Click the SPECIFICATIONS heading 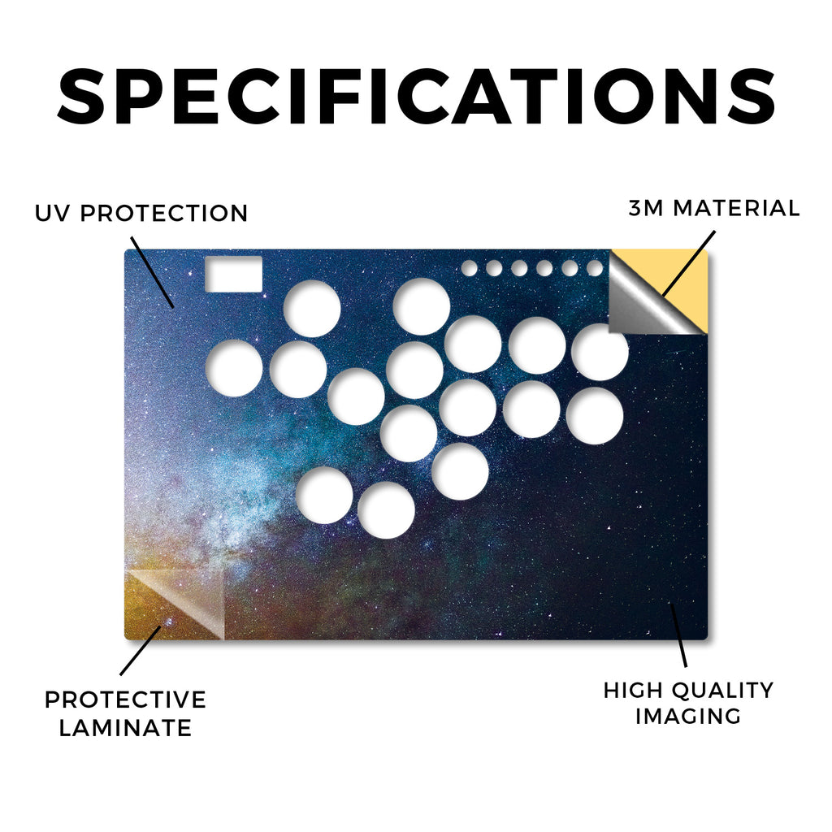tap(416, 96)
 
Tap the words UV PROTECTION tap(141, 214)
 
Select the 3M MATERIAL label tap(713, 208)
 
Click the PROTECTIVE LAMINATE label tap(125, 713)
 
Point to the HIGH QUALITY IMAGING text tap(688, 703)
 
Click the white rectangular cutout tap(233, 274)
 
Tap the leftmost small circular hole tap(469, 268)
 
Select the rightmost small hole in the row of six tap(594, 268)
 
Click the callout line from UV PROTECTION tap(152, 272)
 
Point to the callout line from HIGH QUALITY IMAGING tap(678, 635)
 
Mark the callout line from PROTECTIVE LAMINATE tap(140, 651)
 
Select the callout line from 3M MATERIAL tap(688, 263)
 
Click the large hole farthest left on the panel tap(234, 368)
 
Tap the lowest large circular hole tap(386, 510)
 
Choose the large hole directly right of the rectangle tap(312, 308)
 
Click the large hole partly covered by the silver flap tap(600, 352)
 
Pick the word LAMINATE tap(125, 727)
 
